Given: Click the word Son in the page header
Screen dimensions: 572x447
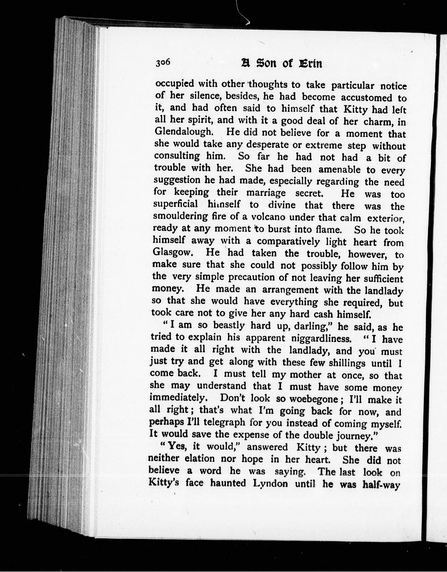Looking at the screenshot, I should (x=267, y=63).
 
